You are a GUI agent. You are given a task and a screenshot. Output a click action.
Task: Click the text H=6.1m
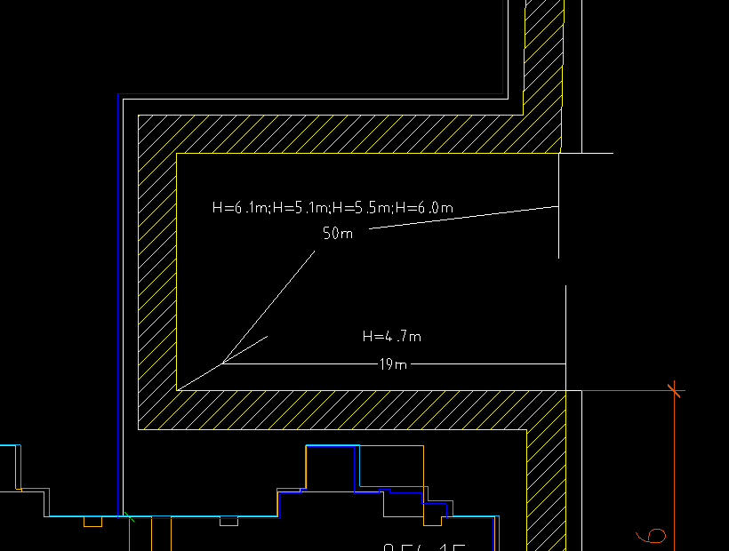(240, 208)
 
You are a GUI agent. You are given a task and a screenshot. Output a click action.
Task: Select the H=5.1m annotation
(301, 208)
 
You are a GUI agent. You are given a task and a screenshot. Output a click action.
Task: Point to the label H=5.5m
(363, 208)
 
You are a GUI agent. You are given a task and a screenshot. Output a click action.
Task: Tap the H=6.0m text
(424, 208)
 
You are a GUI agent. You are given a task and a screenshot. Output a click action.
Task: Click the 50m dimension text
(338, 234)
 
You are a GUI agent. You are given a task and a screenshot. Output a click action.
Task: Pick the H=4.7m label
(391, 336)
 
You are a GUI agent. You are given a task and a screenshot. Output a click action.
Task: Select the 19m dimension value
(393, 363)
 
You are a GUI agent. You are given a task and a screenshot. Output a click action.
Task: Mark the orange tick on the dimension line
(676, 389)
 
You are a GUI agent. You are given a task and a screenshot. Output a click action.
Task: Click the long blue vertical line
(118, 302)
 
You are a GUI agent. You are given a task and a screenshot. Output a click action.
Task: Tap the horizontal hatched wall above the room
(347, 134)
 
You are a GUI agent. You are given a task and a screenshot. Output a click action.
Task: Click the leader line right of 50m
(462, 218)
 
